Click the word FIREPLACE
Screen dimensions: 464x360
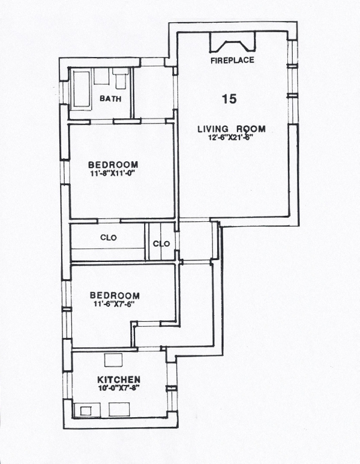click(x=232, y=61)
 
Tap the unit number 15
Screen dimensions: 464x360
click(x=229, y=100)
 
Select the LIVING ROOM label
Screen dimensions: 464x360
click(x=232, y=129)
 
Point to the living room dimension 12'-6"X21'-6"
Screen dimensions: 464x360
click(x=232, y=137)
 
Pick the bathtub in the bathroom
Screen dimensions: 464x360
click(x=80, y=89)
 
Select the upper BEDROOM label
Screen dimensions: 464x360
click(x=113, y=165)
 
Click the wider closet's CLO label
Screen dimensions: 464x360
click(x=109, y=238)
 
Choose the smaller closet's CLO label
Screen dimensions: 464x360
click(x=161, y=243)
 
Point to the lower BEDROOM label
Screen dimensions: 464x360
click(x=115, y=296)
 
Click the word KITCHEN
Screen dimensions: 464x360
click(x=119, y=380)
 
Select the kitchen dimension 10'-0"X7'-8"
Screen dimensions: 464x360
click(x=119, y=388)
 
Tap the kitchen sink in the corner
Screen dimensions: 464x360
click(x=85, y=411)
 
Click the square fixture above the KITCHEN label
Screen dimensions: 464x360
click(x=113, y=360)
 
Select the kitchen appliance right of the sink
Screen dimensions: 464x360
click(x=119, y=410)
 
